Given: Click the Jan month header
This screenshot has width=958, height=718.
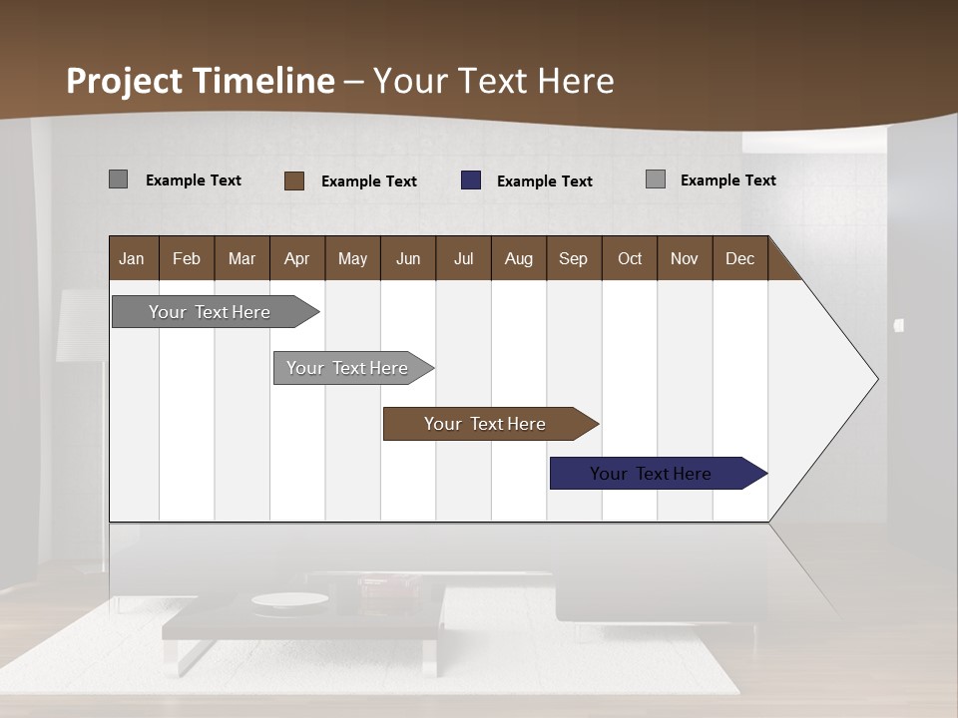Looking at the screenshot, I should (x=133, y=258).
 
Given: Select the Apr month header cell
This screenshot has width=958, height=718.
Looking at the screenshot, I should (x=297, y=258).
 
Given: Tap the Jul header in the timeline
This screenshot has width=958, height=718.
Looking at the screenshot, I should (x=463, y=258).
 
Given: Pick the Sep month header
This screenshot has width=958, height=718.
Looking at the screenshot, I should (x=573, y=258).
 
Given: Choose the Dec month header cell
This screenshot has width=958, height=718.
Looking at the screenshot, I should (x=739, y=258).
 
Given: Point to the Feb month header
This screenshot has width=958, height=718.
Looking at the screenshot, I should (x=187, y=258).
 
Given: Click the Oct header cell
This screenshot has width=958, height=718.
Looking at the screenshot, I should (x=630, y=258).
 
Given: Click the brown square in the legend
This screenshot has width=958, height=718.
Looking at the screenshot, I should (x=294, y=180).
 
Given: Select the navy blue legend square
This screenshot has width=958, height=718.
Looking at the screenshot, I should (x=471, y=180).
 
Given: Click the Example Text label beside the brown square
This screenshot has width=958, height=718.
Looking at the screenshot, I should (x=369, y=181).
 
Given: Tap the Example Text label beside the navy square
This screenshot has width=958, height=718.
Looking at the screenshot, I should (x=545, y=181).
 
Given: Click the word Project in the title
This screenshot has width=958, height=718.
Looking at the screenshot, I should (x=124, y=81).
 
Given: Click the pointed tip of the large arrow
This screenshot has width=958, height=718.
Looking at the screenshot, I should (x=875, y=379).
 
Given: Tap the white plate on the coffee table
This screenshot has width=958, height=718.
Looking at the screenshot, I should (x=289, y=599).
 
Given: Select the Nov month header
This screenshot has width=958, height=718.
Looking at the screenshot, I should (x=685, y=258).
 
